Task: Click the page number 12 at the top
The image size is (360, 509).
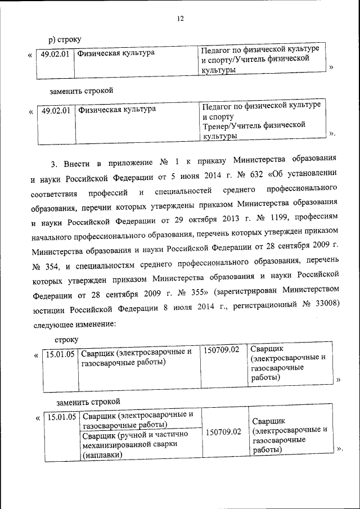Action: pos(180,19)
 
